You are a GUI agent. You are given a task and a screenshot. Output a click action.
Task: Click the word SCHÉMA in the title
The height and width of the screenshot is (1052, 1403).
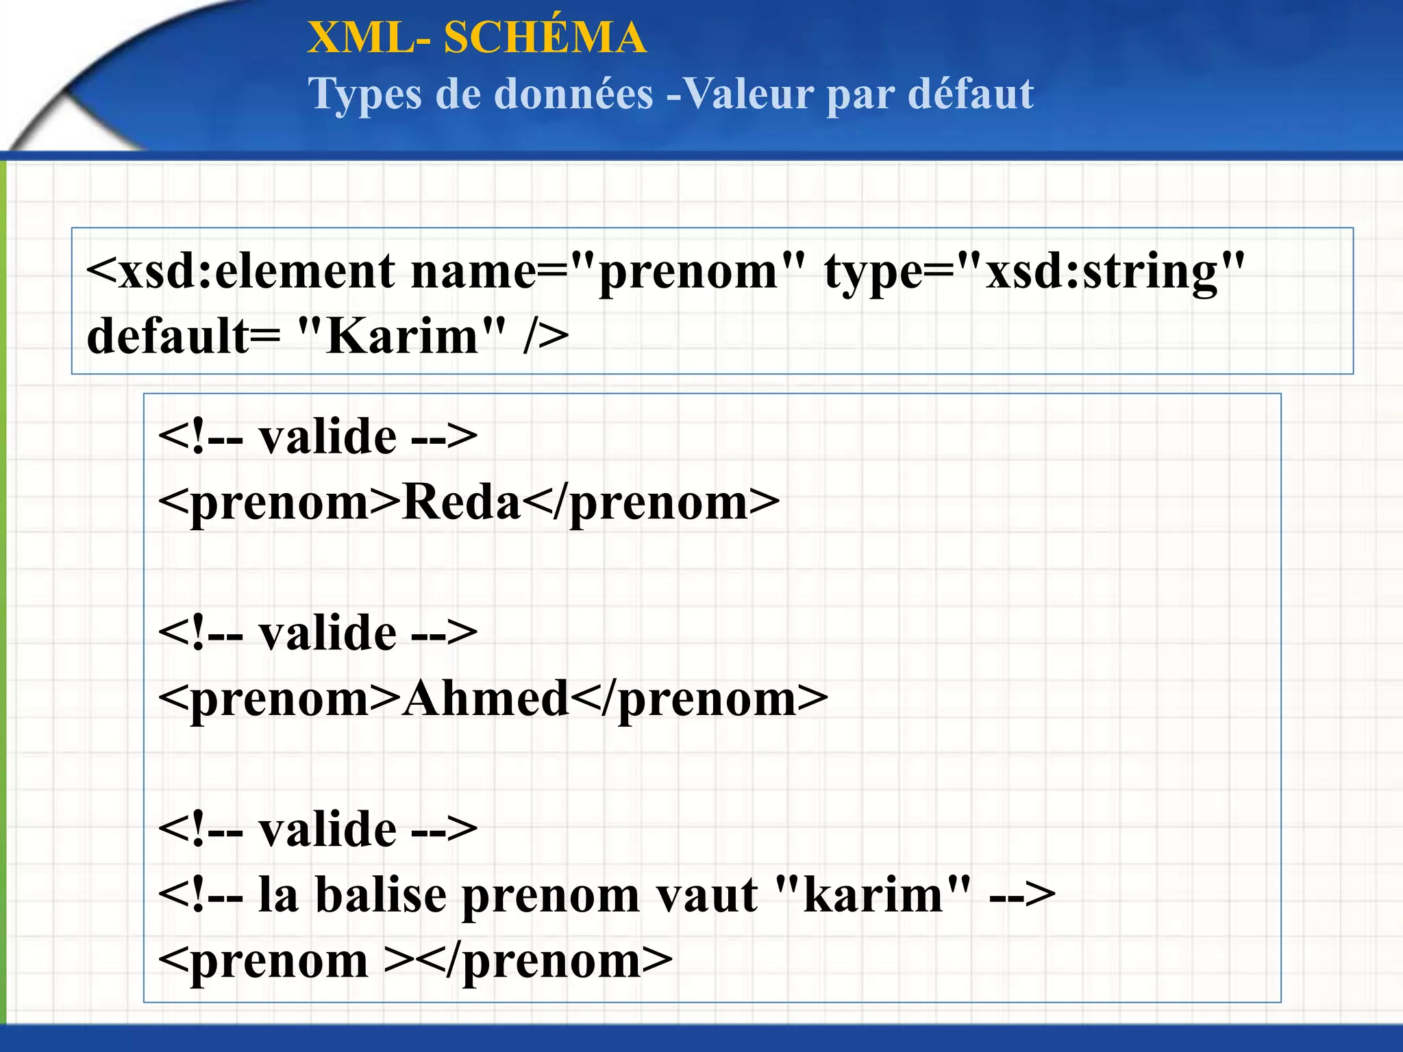pos(545,38)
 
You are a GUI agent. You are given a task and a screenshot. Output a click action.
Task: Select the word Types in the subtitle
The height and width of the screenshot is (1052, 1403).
pos(365,94)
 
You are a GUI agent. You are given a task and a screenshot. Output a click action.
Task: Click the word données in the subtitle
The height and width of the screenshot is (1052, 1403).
pos(573,94)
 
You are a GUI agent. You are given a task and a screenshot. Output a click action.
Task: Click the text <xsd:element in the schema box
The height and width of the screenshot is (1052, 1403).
pos(240,271)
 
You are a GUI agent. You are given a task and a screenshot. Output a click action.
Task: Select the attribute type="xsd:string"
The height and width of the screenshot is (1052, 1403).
pos(1034,271)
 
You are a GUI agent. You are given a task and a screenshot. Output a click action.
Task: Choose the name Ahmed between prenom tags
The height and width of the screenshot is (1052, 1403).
pos(486,699)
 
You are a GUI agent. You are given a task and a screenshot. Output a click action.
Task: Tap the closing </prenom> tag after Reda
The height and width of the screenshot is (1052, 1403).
pos(651,503)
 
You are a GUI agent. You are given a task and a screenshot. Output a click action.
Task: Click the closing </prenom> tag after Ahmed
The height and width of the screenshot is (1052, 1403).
pos(699,699)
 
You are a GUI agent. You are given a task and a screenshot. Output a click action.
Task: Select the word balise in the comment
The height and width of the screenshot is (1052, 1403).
pos(381,895)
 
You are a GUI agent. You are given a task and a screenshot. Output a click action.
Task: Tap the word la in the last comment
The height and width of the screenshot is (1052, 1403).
pos(278,895)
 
